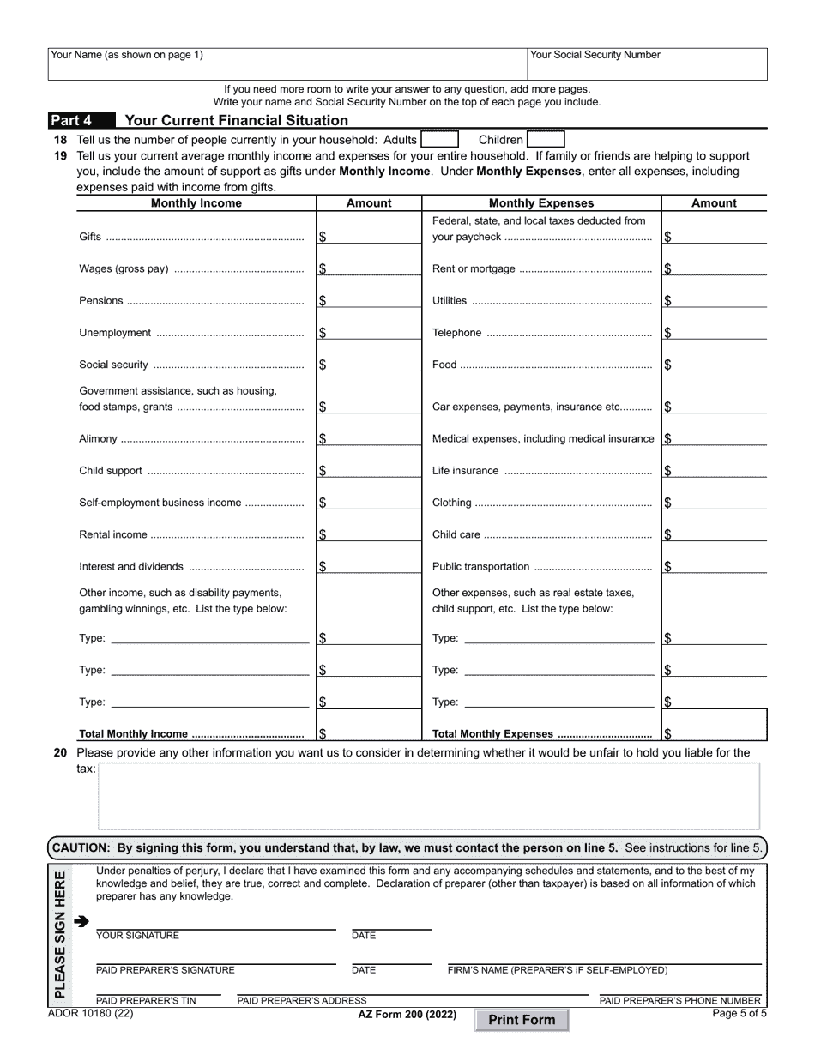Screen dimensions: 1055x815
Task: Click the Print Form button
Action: coord(522,1020)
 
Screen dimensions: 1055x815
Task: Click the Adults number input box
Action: coord(439,139)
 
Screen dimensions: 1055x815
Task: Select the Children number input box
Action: coord(546,139)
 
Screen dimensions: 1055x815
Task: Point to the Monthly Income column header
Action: coord(196,203)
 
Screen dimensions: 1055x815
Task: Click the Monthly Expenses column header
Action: coord(540,203)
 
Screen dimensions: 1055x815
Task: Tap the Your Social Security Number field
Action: coord(647,64)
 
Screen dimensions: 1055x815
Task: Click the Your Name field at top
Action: coord(287,64)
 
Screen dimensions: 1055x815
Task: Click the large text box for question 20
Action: coord(428,796)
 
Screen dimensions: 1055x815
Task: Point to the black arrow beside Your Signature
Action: coord(81,922)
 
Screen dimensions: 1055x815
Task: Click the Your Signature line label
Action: coord(137,936)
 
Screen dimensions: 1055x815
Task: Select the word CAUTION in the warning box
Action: coord(81,847)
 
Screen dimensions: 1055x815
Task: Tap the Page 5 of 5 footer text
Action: coord(740,1013)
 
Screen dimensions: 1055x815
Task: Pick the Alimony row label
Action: coord(98,439)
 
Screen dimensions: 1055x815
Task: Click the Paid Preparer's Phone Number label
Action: coord(679,1000)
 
